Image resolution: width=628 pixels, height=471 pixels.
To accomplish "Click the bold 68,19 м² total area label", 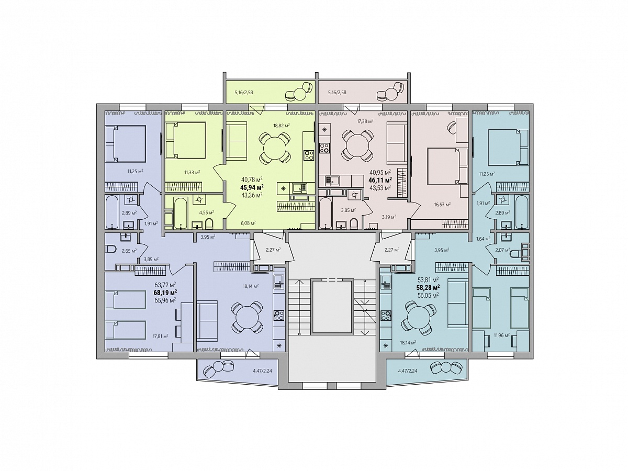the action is (x=165, y=292).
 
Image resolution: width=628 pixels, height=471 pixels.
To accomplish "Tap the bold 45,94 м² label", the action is (x=252, y=187).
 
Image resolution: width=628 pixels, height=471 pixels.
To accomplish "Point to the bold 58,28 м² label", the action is (x=428, y=287).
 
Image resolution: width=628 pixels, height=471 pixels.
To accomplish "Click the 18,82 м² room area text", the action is (x=282, y=125).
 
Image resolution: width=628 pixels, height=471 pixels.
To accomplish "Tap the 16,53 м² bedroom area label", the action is (x=443, y=204).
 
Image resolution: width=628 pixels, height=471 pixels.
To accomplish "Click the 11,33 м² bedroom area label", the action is (x=192, y=172).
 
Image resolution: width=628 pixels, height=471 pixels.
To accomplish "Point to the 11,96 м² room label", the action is (x=501, y=335).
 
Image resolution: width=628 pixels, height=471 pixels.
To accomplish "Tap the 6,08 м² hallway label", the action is (x=248, y=222).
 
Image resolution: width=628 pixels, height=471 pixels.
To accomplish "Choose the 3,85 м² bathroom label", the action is (x=349, y=210).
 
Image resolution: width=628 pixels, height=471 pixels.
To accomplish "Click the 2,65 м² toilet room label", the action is (x=129, y=251).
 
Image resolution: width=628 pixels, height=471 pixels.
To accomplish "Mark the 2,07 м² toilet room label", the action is (x=503, y=250).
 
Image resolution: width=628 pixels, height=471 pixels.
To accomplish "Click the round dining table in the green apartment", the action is (x=275, y=150).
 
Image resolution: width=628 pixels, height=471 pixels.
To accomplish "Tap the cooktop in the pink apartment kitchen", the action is (x=325, y=148).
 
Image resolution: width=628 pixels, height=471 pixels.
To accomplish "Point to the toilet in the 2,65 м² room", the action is (x=110, y=250).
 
